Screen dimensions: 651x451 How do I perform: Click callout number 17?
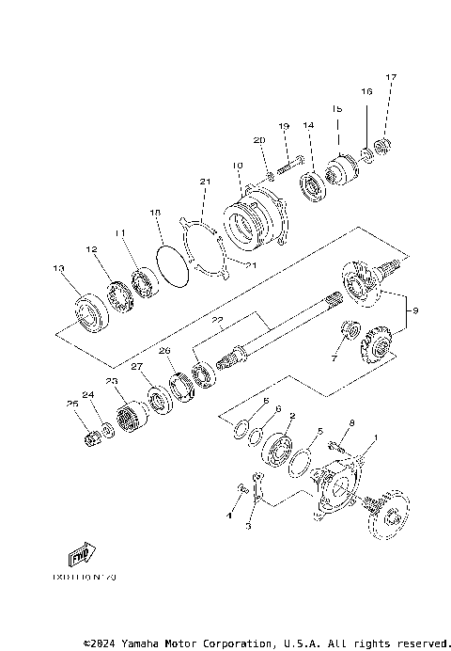(392, 76)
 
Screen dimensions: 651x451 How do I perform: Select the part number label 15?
(335, 108)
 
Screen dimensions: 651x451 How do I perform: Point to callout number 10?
(238, 166)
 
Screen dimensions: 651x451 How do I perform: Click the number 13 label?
(59, 268)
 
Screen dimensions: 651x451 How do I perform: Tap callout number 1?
(375, 437)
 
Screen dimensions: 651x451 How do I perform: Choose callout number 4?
(229, 515)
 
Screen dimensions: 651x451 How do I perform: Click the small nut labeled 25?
(92, 438)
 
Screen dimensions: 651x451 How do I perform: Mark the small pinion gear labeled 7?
(350, 330)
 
